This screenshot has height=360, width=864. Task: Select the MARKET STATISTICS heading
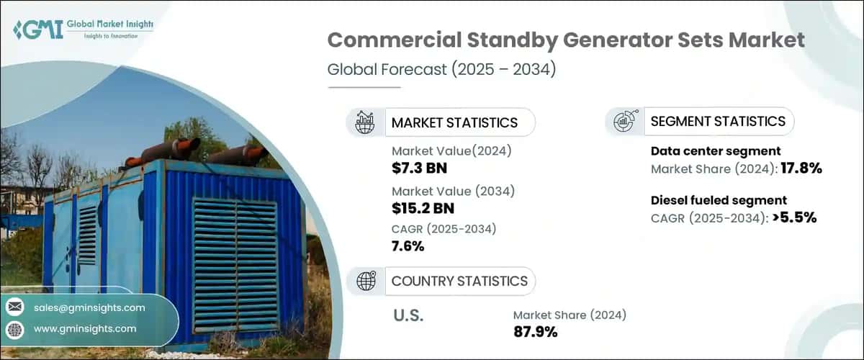[x=454, y=122]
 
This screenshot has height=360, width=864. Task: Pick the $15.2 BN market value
[x=423, y=209]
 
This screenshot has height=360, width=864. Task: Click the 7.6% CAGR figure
[x=408, y=246]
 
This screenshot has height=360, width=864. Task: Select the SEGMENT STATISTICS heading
[x=718, y=122]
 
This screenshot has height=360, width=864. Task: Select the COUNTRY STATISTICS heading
[x=459, y=281]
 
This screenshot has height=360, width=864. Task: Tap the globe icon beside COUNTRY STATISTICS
[x=366, y=281]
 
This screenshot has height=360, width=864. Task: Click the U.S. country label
[x=408, y=316]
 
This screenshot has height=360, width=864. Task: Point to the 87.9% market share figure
[x=535, y=331]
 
